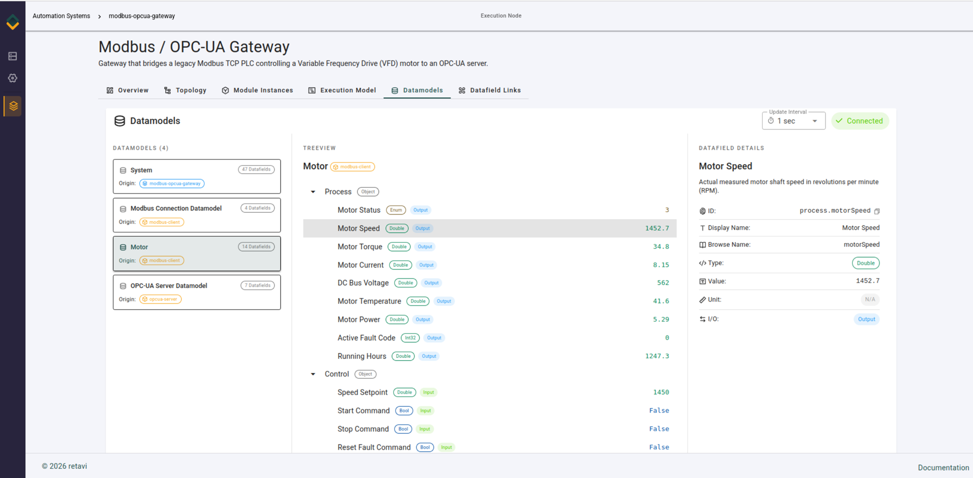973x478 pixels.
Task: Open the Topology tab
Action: point(185,91)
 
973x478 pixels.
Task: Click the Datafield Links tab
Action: point(489,91)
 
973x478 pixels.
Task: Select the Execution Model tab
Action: point(342,91)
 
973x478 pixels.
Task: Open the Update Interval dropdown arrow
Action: point(815,121)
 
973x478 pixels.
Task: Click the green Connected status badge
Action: point(860,121)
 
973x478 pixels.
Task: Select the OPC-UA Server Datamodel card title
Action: point(169,286)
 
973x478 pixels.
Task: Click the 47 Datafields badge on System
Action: point(256,169)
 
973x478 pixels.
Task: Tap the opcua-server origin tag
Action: point(161,299)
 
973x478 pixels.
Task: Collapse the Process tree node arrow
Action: point(313,192)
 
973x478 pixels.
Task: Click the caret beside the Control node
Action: point(313,374)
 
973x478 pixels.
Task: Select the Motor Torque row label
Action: point(360,247)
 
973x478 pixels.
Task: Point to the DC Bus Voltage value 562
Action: point(663,283)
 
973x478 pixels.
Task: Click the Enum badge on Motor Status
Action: point(396,210)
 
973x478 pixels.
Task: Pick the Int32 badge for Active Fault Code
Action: point(411,338)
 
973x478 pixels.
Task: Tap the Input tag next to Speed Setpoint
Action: point(429,392)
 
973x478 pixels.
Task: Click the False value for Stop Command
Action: point(659,429)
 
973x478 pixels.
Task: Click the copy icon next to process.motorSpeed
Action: point(877,211)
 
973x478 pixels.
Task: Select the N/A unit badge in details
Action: point(870,300)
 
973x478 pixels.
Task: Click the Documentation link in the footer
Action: point(943,468)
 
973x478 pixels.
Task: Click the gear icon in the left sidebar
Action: point(13,78)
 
